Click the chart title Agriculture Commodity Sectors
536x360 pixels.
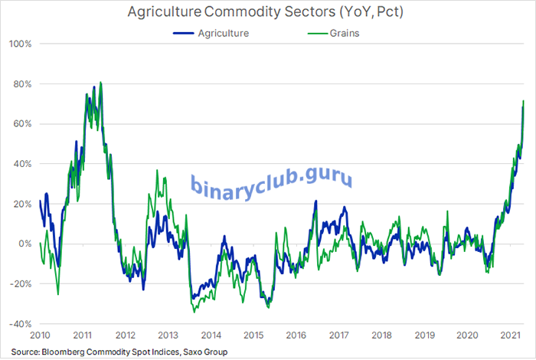tap(267, 14)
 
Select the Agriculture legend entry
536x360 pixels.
tap(223, 33)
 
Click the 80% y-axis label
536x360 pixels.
tap(21, 83)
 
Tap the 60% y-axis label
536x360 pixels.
tap(21, 123)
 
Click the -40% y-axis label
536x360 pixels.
tap(20, 323)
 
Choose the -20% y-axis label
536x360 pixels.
tap(20, 283)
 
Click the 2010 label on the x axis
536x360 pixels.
tap(40, 335)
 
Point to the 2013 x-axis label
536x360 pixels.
tap(168, 335)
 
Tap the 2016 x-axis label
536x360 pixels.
tap(298, 335)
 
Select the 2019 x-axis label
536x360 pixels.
tap(427, 335)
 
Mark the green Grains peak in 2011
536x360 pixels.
tap(100, 82)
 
